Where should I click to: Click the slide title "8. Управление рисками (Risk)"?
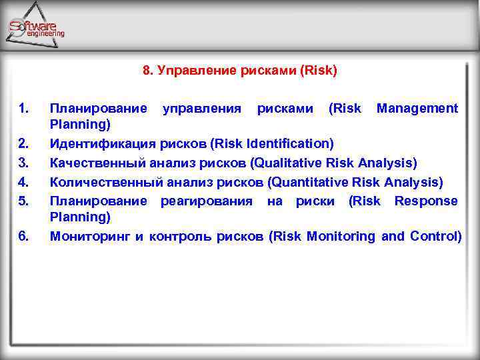(x=240, y=70)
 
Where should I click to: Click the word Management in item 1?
(x=417, y=108)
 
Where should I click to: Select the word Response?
(x=426, y=201)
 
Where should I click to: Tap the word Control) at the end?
(x=435, y=236)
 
